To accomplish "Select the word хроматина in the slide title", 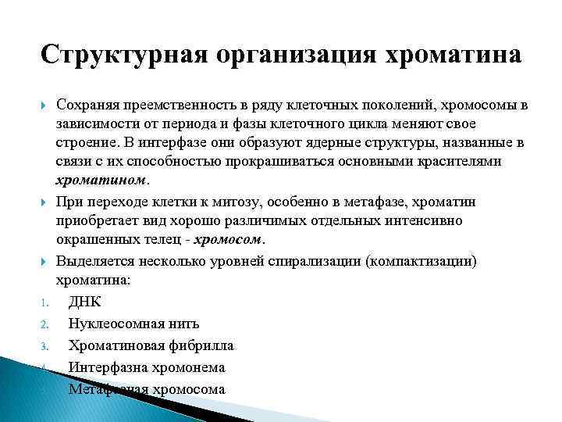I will click(451, 56).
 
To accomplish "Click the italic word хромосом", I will click(230, 239).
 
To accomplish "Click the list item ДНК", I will click(84, 302).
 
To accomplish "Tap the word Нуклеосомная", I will click(111, 323).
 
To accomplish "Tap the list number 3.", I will click(45, 346).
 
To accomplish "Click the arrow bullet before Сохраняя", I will click(44, 105).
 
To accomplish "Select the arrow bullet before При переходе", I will click(44, 202).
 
